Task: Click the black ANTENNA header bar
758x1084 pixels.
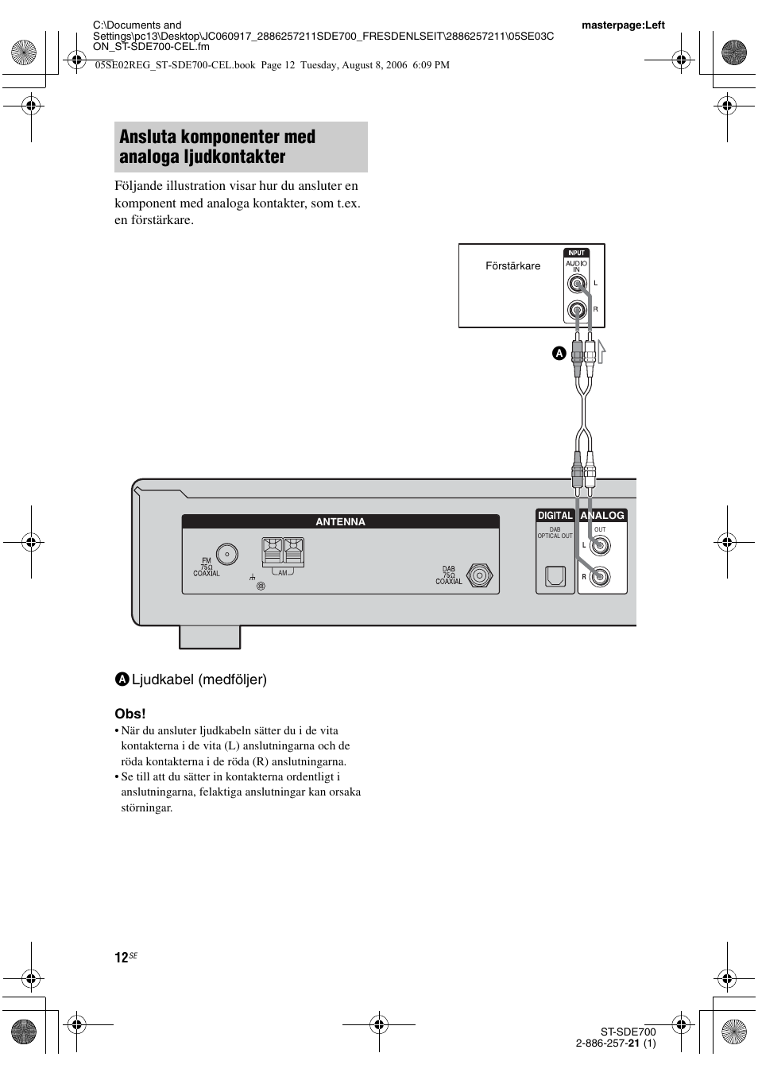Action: pos(340,522)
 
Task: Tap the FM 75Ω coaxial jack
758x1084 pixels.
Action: pos(227,555)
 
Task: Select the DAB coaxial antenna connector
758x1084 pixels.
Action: pos(479,575)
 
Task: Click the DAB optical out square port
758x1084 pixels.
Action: pos(555,577)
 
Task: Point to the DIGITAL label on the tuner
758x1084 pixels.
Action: pos(555,516)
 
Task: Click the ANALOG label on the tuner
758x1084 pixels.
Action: pos(602,516)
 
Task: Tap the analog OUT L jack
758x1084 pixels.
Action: pos(601,546)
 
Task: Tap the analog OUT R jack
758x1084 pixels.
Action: pos(601,578)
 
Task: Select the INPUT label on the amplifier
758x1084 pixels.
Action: pos(576,254)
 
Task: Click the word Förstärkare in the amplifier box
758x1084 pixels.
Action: pos(512,266)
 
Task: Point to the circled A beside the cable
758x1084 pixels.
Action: pos(559,353)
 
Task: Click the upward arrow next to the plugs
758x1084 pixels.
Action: pos(601,350)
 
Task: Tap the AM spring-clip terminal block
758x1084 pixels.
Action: pos(283,551)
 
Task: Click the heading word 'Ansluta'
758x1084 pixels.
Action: pos(151,137)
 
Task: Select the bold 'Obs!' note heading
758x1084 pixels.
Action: pos(131,713)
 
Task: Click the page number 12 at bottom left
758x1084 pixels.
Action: pos(121,958)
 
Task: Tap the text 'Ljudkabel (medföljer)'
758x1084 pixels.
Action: pos(199,679)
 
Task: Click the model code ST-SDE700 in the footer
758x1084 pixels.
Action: pos(628,1032)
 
